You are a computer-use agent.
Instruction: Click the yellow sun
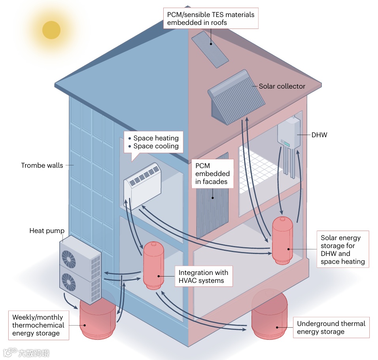[x=51, y=30]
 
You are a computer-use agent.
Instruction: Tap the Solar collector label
[x=282, y=86]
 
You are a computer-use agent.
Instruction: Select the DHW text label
[x=319, y=135]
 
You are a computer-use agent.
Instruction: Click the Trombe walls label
[x=42, y=165]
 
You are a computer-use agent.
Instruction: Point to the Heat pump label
[x=47, y=231]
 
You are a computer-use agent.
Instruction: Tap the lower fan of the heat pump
[x=69, y=282]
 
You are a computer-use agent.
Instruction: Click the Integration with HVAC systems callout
[x=204, y=277]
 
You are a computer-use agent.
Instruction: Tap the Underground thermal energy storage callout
[x=331, y=328]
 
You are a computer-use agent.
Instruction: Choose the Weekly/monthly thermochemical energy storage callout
[x=38, y=325]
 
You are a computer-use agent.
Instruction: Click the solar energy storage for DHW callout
[x=343, y=250]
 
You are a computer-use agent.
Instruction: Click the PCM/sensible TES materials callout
[x=210, y=19]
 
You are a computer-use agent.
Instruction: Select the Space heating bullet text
[x=156, y=138]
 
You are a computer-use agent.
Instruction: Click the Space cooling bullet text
[x=156, y=146]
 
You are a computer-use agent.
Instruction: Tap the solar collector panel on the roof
[x=236, y=97]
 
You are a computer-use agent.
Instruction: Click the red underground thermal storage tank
[x=270, y=315]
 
